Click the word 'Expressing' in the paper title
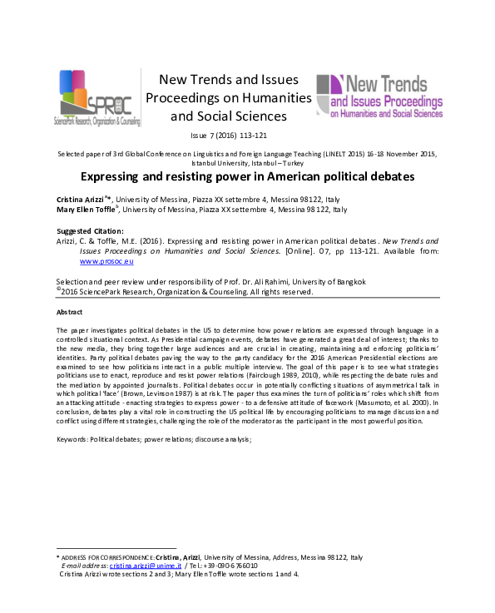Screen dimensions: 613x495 pos(111,176)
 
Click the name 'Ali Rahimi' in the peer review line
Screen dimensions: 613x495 pos(299,282)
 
